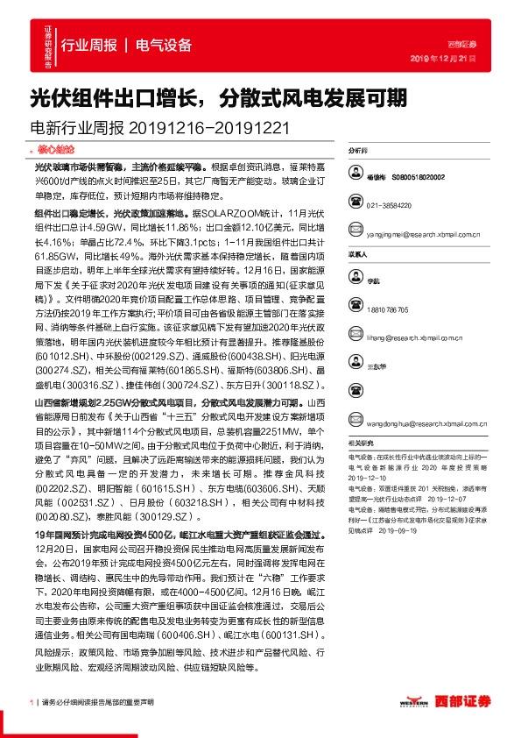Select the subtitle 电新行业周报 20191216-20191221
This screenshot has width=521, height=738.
coord(160,128)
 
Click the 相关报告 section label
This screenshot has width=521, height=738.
coord(361,444)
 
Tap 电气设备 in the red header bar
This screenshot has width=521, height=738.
coord(165,46)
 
